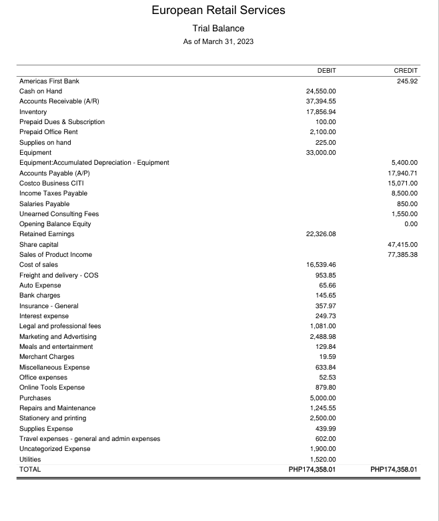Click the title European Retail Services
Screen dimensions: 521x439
tap(219, 10)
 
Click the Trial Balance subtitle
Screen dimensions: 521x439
tap(219, 28)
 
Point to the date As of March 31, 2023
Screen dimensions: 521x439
tap(219, 42)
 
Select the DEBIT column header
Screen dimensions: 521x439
tap(326, 71)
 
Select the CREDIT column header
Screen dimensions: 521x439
tap(406, 71)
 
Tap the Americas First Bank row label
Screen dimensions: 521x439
tap(49, 81)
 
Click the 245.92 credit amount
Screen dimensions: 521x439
tap(406, 81)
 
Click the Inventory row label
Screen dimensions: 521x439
tap(33, 111)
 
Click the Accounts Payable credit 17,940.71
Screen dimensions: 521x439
tap(402, 173)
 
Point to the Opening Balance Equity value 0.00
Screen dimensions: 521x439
tap(410, 223)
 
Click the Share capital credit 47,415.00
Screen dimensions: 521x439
tap(402, 244)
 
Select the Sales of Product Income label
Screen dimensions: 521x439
tap(56, 254)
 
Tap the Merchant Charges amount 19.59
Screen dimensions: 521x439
tap(327, 356)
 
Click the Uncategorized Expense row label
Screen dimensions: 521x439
tap(55, 448)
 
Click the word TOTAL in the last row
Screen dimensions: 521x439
tap(30, 469)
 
